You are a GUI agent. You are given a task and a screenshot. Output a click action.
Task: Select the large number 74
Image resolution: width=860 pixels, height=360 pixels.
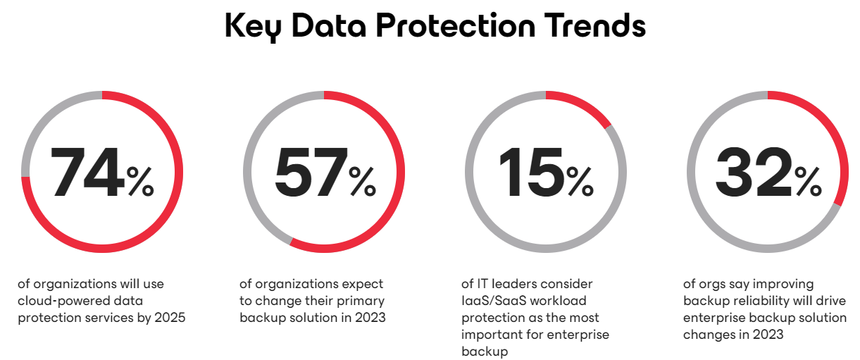pyautogui.click(x=87, y=172)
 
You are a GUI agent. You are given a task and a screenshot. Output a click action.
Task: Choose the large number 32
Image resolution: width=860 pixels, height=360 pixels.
pyautogui.click(x=753, y=172)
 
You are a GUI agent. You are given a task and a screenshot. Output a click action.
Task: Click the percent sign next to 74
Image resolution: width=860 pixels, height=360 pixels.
pyautogui.click(x=140, y=181)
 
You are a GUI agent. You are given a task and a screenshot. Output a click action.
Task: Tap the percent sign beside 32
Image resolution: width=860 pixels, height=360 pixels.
pyautogui.click(x=808, y=181)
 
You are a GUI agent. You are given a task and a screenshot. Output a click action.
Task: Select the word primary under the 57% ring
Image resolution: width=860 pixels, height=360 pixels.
pyautogui.click(x=363, y=301)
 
